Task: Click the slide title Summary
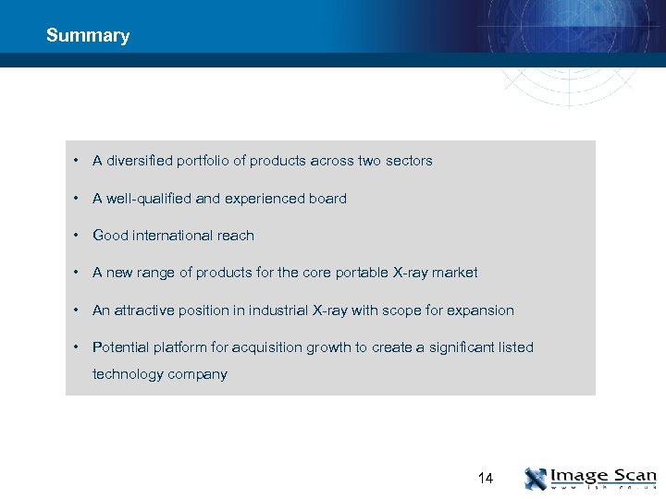point(88,36)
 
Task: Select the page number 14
point(486,479)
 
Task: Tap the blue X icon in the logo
point(536,479)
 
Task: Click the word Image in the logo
point(579,476)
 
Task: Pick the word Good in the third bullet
point(110,236)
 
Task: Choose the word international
point(173,236)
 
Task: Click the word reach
point(236,236)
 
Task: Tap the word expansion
point(480,310)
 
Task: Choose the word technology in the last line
point(128,374)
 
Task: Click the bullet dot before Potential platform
point(74,347)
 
